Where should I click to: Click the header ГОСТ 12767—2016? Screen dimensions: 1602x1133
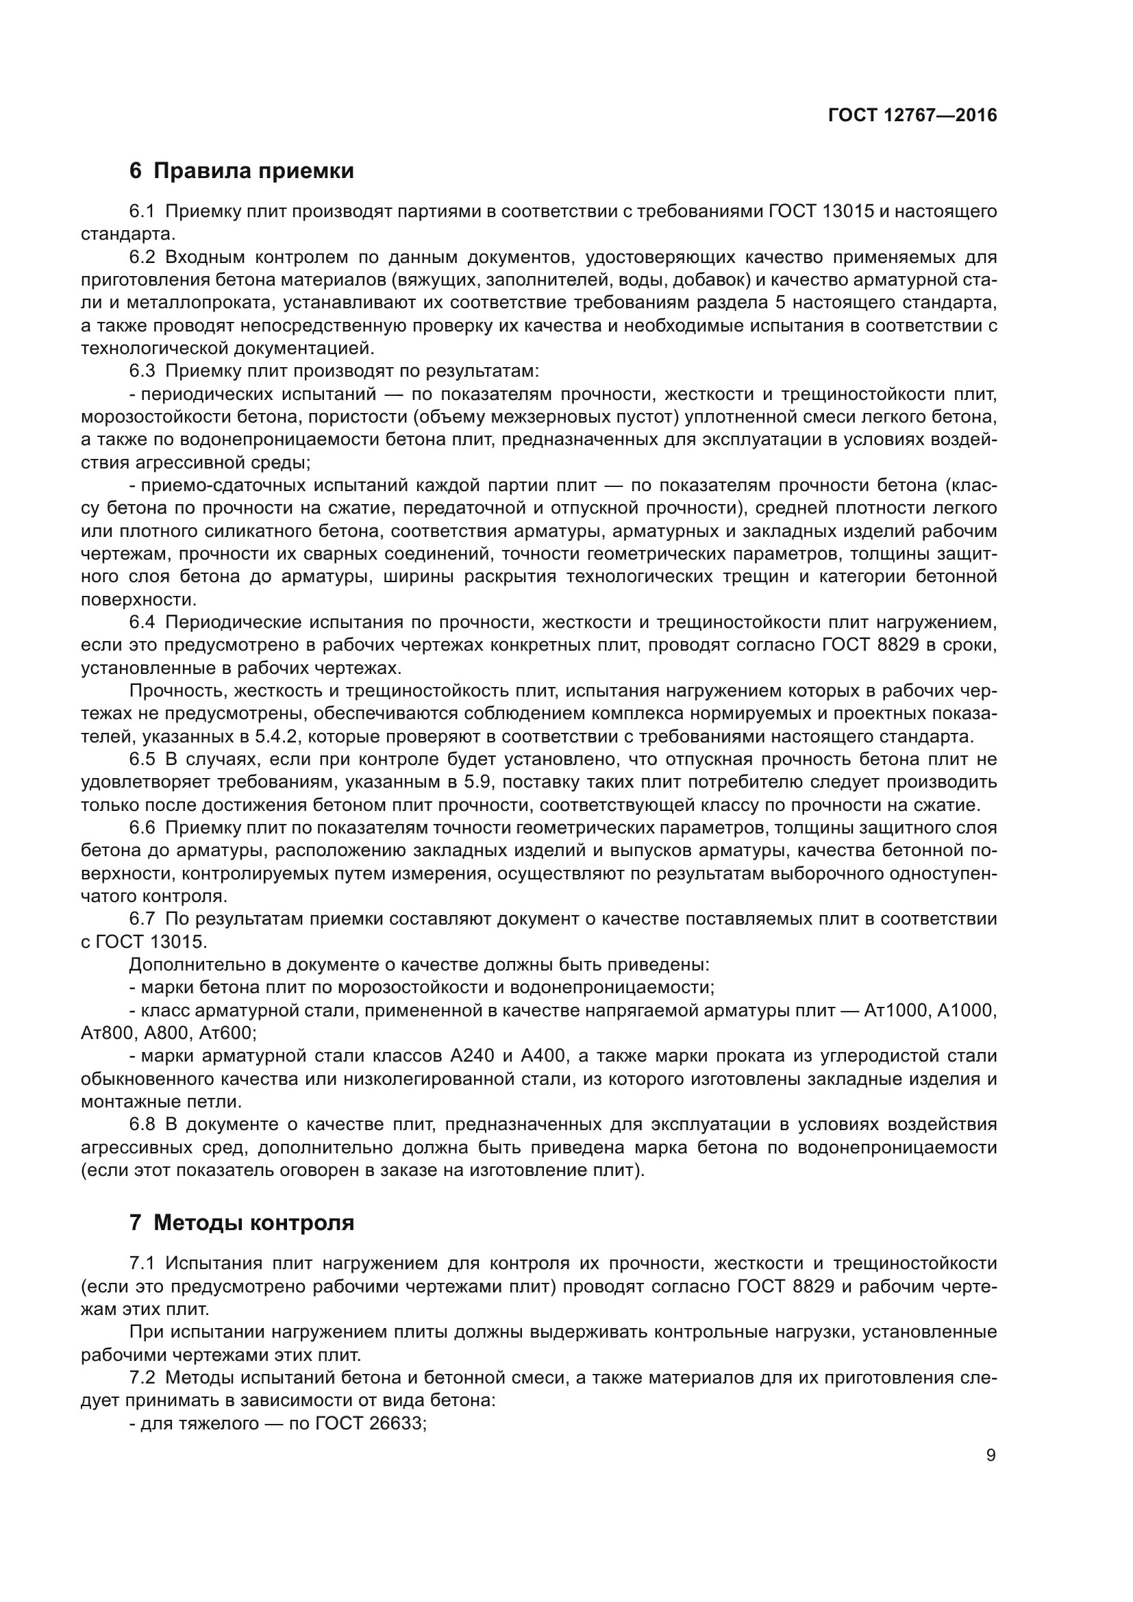point(912,115)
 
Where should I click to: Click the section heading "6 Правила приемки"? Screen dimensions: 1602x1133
point(241,171)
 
